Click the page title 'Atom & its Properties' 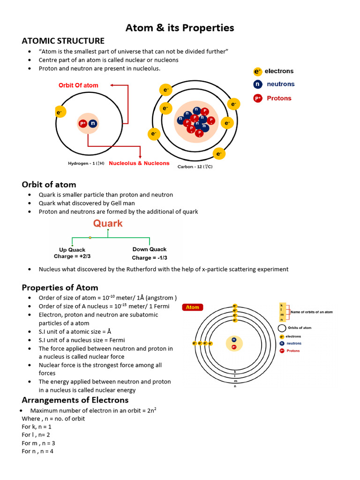point(180,28)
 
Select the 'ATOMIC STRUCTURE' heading point(63,41)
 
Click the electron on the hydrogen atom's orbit point(60,112)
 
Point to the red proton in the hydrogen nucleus point(83,124)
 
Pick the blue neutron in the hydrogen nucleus point(93,124)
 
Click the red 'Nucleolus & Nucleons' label point(139,163)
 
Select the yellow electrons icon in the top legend point(257,71)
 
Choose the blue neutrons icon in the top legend point(257,84)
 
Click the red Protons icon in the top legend point(257,98)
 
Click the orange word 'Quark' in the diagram point(108,223)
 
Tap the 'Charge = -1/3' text point(150,258)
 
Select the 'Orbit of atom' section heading point(49,184)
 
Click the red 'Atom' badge point(192,307)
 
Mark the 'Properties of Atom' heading point(60,287)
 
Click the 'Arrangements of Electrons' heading point(75,400)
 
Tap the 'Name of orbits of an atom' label point(312,312)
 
